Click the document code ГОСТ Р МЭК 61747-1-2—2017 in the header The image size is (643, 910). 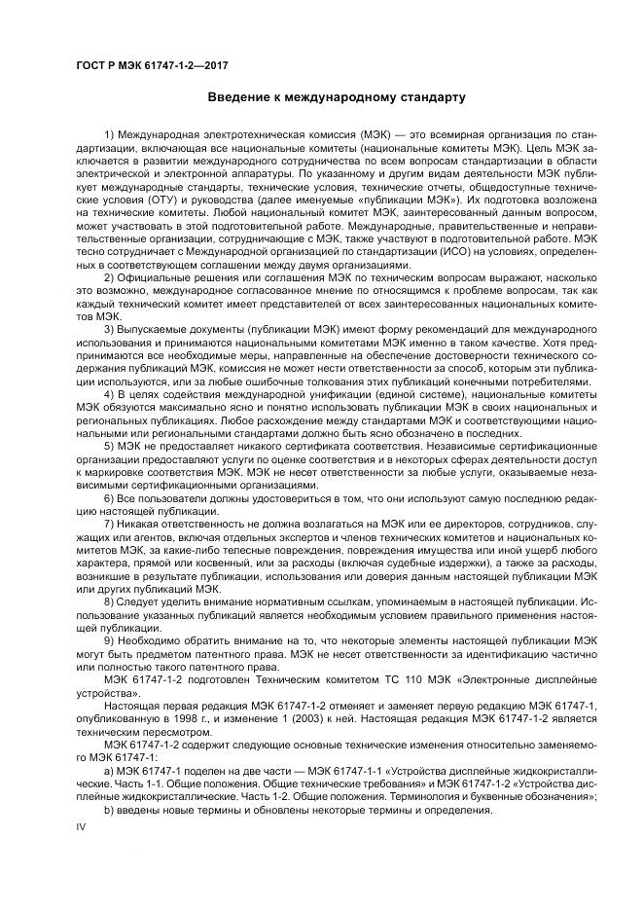[x=144, y=63]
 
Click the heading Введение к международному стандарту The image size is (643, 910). [x=337, y=97]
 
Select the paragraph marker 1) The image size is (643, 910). [x=108, y=133]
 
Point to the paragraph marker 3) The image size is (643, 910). [x=108, y=331]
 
